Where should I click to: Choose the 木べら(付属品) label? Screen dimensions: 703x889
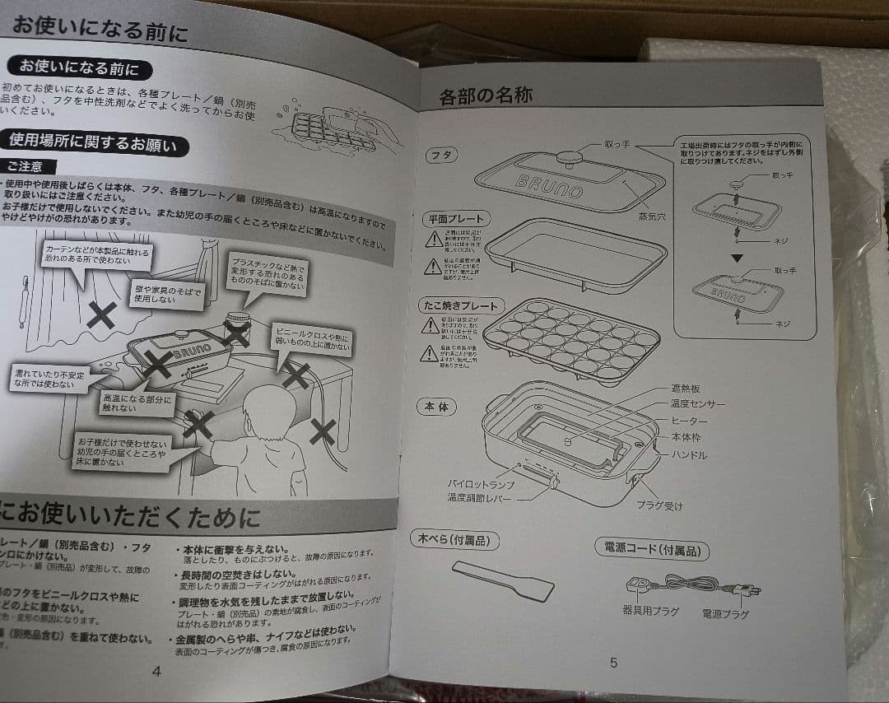pyautogui.click(x=454, y=540)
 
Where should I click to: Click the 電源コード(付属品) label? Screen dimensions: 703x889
pyautogui.click(x=651, y=549)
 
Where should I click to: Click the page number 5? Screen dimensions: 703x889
pyautogui.click(x=613, y=663)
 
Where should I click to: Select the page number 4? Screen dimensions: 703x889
pyautogui.click(x=156, y=671)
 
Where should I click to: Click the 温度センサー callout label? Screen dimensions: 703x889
pyautogui.click(x=698, y=404)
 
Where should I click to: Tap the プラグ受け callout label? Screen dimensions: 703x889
pyautogui.click(x=659, y=505)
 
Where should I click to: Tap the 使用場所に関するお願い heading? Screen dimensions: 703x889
pyautogui.click(x=92, y=145)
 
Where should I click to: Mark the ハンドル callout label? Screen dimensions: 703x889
pyautogui.click(x=687, y=454)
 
